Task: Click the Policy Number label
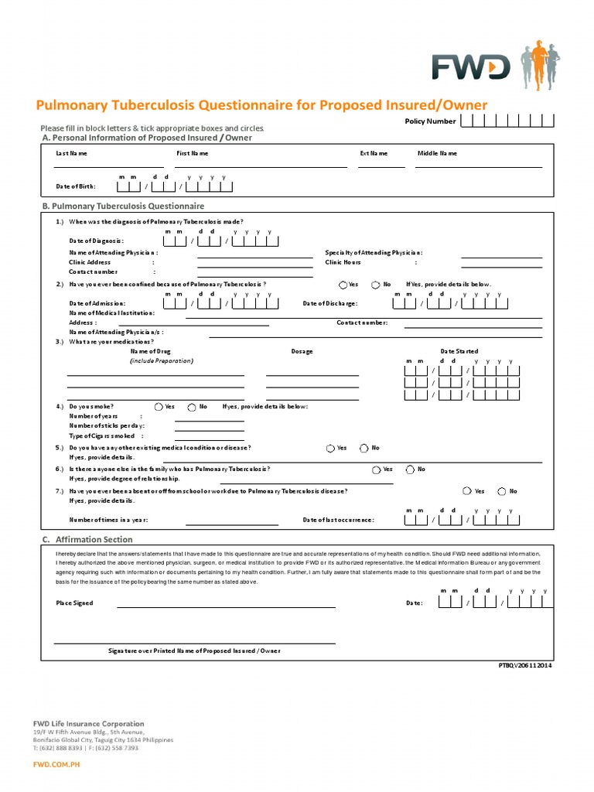point(430,121)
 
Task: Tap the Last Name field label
point(71,153)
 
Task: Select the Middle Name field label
point(438,153)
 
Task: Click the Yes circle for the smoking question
point(159,406)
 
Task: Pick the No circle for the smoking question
point(192,406)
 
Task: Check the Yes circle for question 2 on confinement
point(343,285)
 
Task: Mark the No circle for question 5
point(364,448)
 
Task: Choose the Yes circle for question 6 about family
point(376,469)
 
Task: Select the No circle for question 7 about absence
point(502,491)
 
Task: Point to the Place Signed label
point(74,603)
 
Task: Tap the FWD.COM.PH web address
point(56,764)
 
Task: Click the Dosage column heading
point(302,351)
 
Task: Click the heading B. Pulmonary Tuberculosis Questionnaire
point(123,207)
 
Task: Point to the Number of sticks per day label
point(107,425)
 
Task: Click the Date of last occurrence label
point(338,520)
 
